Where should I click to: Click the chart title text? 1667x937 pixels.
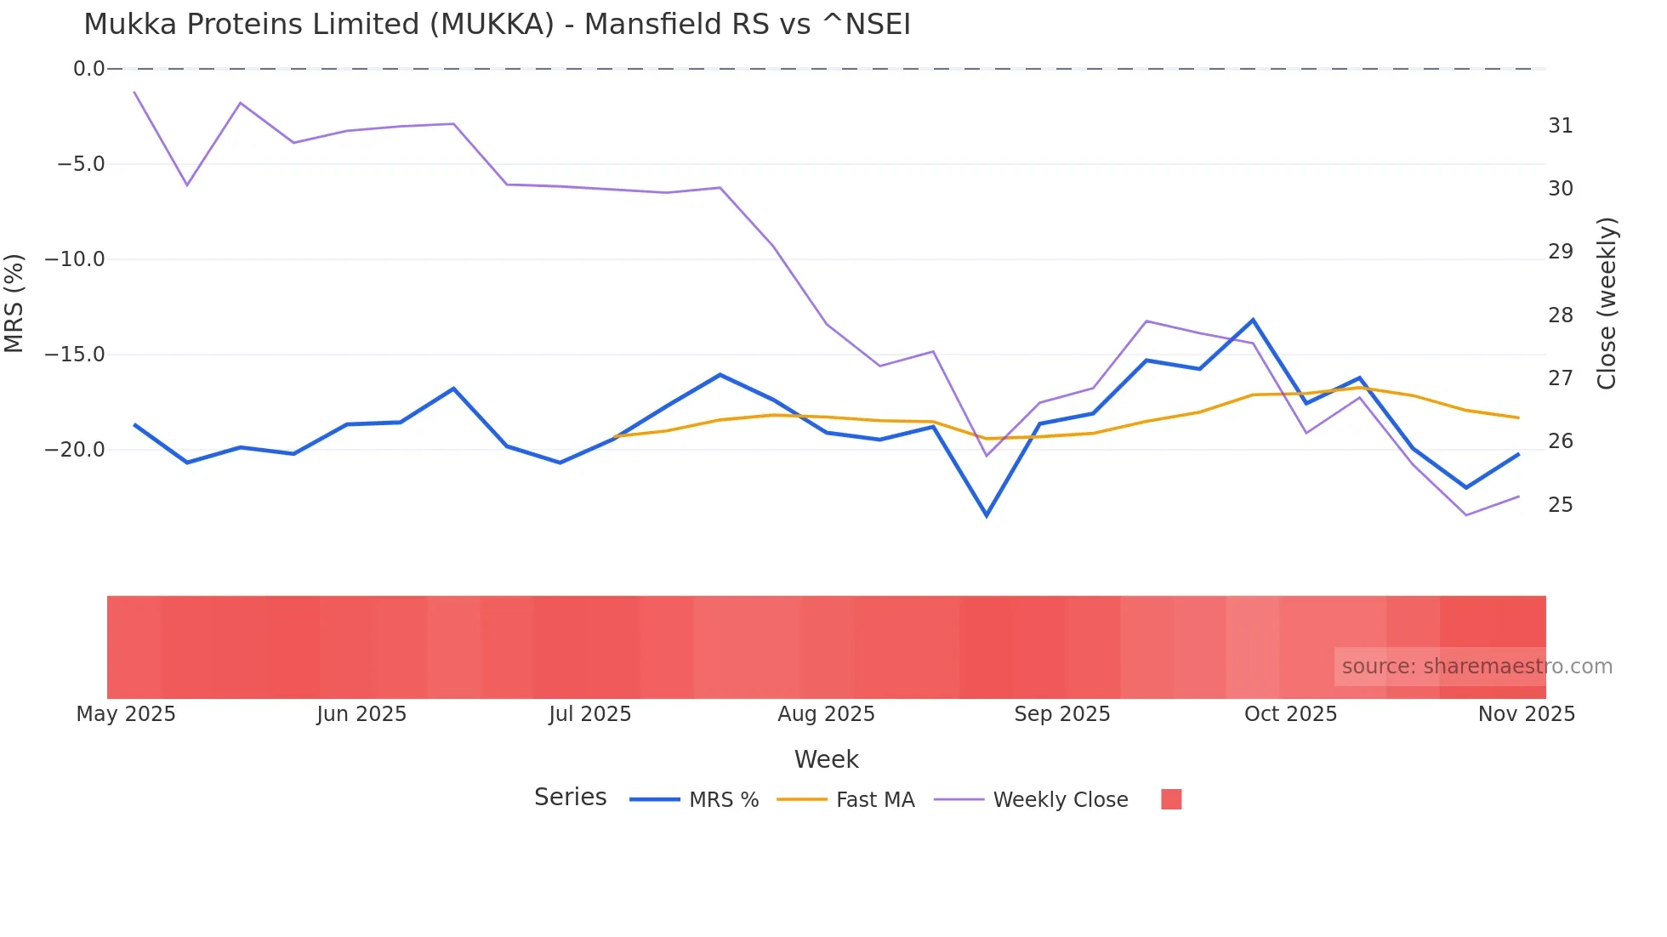497,25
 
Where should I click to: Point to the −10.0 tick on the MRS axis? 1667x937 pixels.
75,259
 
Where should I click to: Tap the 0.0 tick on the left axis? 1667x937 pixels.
88,69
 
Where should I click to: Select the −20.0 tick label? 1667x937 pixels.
75,450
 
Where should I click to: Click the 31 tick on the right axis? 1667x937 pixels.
1560,126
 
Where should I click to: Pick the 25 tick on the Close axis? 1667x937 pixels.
1560,505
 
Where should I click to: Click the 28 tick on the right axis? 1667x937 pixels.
1560,315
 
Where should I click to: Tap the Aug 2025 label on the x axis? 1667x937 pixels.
826,714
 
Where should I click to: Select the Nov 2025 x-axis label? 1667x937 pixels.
1526,714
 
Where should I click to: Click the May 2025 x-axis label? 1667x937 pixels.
126,714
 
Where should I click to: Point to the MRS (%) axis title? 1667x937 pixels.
14,304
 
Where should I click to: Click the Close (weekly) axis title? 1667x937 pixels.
1607,304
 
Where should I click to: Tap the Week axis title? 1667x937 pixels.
826,759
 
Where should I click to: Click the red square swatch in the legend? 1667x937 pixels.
1171,799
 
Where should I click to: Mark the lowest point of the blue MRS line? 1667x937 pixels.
987,515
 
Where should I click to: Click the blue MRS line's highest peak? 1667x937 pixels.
1253,320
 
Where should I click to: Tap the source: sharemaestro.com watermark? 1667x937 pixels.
1476,667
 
